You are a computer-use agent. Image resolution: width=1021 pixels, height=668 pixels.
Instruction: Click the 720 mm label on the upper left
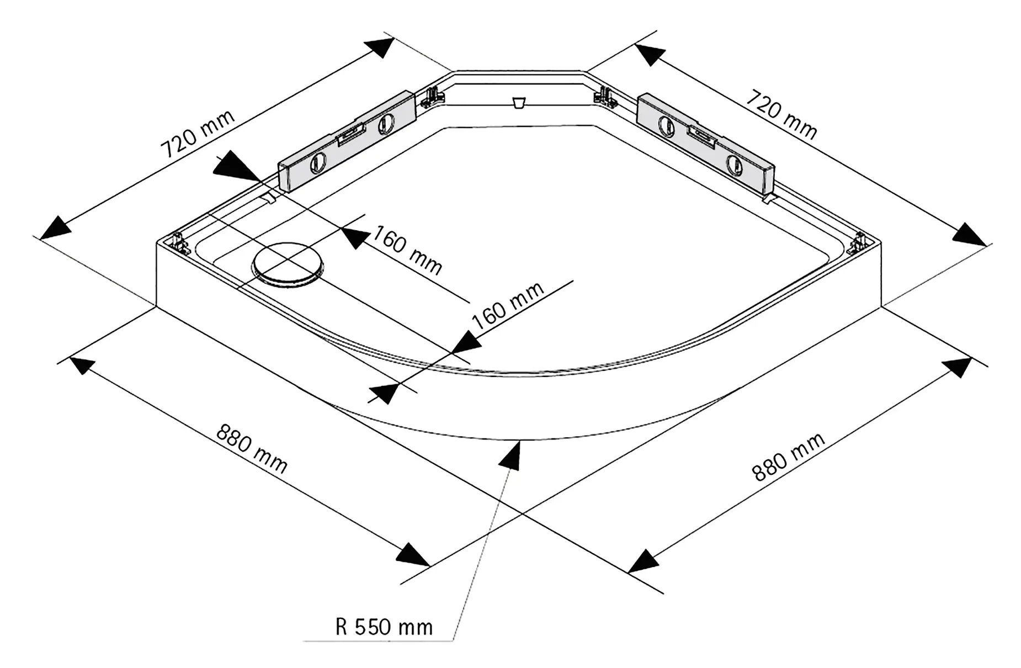(197, 134)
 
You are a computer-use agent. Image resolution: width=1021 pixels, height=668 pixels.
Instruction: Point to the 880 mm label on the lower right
(789, 456)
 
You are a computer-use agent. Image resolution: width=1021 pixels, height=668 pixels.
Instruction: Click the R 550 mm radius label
(384, 627)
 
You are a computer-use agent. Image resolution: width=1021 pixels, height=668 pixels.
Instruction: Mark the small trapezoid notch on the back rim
(518, 103)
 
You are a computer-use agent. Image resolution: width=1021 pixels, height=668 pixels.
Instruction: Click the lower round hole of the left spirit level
(318, 163)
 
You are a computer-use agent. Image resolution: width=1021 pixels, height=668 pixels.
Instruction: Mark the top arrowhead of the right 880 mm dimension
(957, 368)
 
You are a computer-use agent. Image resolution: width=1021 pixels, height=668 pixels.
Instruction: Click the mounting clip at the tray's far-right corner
(858, 242)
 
